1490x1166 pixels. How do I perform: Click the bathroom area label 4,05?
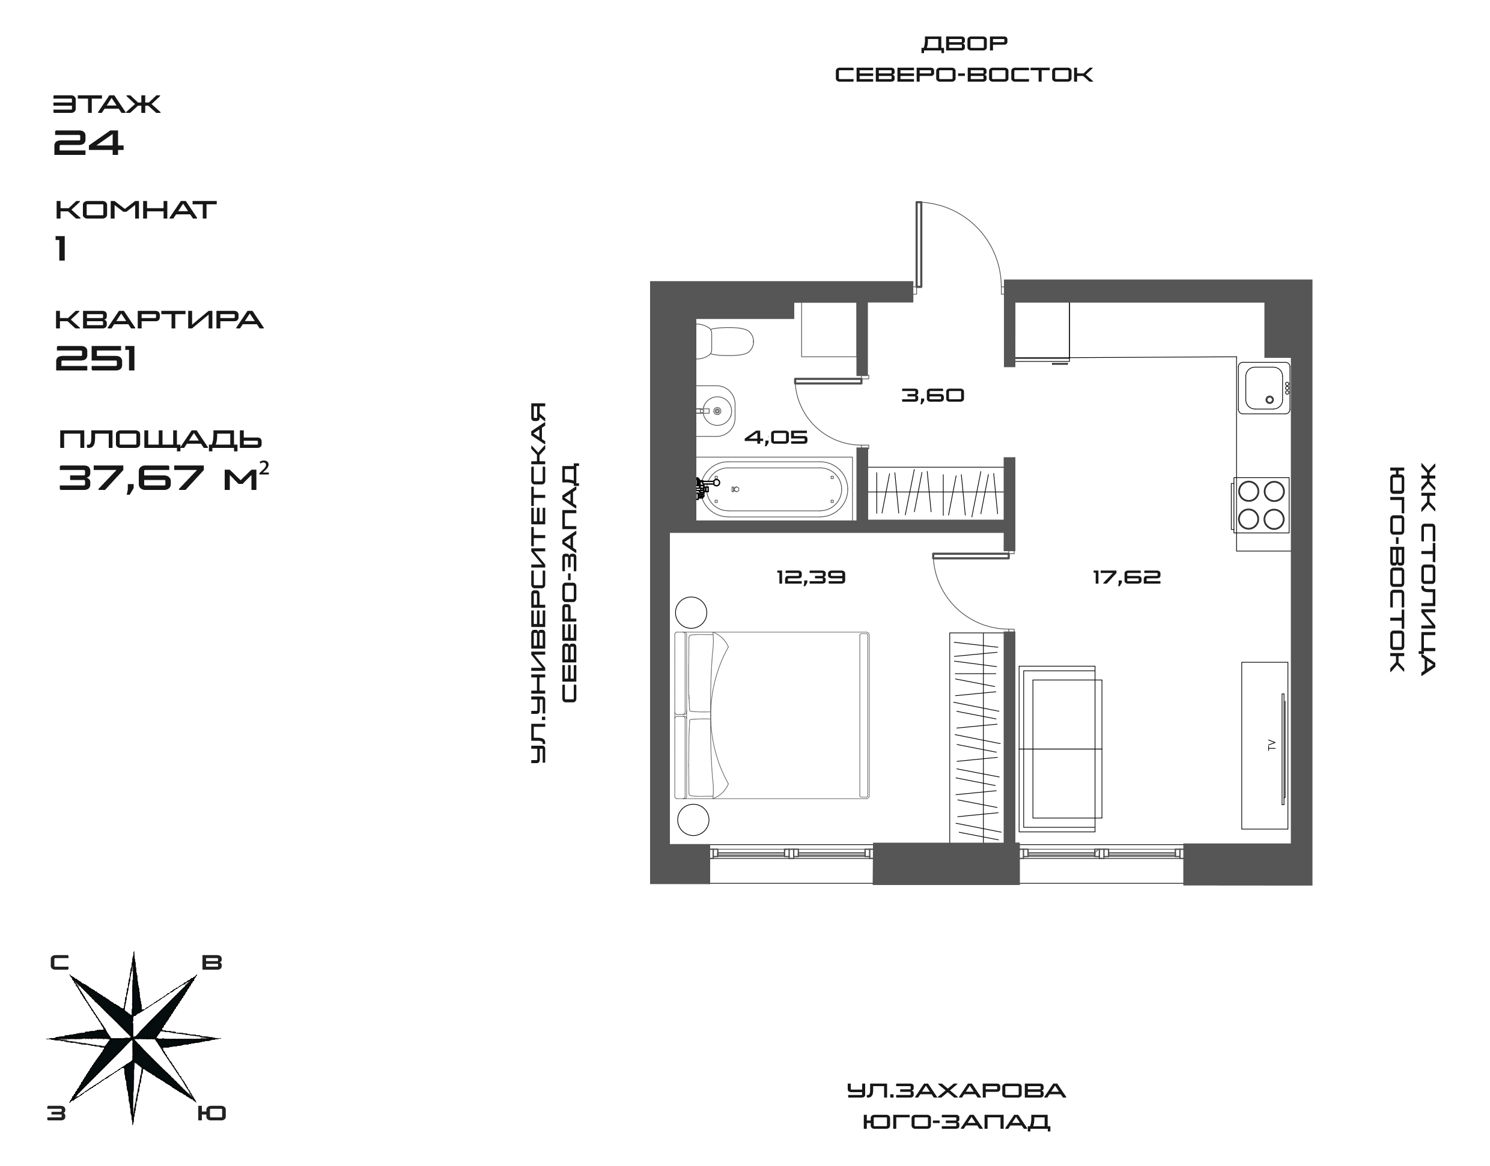click(776, 437)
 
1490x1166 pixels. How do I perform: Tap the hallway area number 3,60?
click(932, 395)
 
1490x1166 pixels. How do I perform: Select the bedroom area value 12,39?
click(811, 578)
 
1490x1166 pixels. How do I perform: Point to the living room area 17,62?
click(1127, 578)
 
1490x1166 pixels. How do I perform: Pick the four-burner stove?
click(1261, 505)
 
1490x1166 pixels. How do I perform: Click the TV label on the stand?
click(1271, 745)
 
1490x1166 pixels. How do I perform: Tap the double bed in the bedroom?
click(772, 716)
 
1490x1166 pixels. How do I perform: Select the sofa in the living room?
click(1060, 749)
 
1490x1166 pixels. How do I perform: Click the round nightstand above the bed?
click(692, 612)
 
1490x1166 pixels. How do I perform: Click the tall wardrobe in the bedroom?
click(976, 737)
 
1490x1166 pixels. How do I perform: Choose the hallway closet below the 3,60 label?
click(935, 493)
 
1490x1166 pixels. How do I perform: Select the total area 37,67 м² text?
click(164, 478)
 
